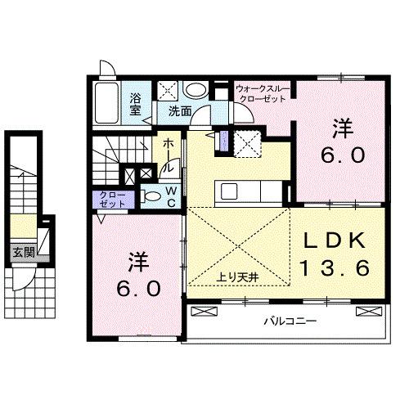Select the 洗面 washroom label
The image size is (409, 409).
[x=180, y=110]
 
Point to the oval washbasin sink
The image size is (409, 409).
[x=196, y=91]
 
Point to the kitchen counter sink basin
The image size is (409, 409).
[x=227, y=191]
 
